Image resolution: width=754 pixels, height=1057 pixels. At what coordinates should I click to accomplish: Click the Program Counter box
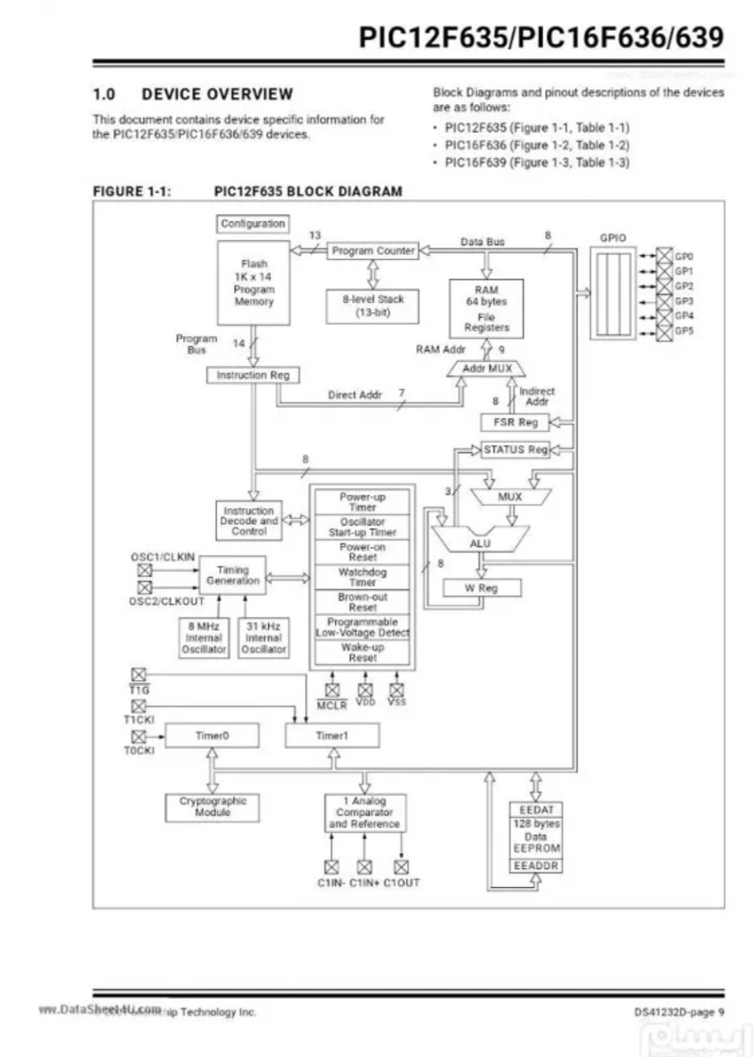pyautogui.click(x=373, y=251)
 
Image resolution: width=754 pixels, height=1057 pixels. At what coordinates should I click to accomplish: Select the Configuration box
pyautogui.click(x=253, y=224)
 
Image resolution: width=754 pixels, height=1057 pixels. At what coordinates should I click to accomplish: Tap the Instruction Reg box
pyautogui.click(x=253, y=375)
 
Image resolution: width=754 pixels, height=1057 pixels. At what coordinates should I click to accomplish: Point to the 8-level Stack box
pyautogui.click(x=373, y=306)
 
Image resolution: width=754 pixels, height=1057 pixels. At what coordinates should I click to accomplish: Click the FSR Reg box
pyautogui.click(x=515, y=422)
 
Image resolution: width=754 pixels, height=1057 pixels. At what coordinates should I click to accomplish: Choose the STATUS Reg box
pyautogui.click(x=515, y=449)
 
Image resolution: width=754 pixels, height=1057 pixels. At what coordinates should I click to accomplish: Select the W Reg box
pyautogui.click(x=482, y=588)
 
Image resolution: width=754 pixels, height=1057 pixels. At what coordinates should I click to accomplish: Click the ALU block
pyautogui.click(x=480, y=542)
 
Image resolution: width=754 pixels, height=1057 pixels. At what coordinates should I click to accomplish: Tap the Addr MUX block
pyautogui.click(x=487, y=368)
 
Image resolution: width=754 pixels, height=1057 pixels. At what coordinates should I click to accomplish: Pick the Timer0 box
pyautogui.click(x=212, y=736)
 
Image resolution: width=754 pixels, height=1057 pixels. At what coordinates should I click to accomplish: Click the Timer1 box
pyautogui.click(x=332, y=736)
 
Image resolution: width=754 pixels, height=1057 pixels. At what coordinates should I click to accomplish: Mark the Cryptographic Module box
pyautogui.click(x=212, y=807)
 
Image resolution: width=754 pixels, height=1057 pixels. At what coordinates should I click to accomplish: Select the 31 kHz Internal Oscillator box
pyautogui.click(x=263, y=638)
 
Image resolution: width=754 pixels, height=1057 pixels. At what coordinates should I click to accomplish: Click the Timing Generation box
pyautogui.click(x=232, y=575)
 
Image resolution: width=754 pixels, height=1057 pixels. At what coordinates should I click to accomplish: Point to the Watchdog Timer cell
pyautogui.click(x=362, y=577)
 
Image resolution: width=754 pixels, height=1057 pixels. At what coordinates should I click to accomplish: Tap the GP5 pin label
pyautogui.click(x=684, y=330)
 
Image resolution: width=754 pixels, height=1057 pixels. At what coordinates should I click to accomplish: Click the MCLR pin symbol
pyautogui.click(x=332, y=690)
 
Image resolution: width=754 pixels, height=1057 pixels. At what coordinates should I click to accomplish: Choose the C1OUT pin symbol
pyautogui.click(x=401, y=867)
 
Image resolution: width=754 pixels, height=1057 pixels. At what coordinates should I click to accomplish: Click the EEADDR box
pyautogui.click(x=535, y=866)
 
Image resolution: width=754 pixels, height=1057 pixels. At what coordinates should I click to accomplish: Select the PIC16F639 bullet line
pyautogui.click(x=536, y=162)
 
